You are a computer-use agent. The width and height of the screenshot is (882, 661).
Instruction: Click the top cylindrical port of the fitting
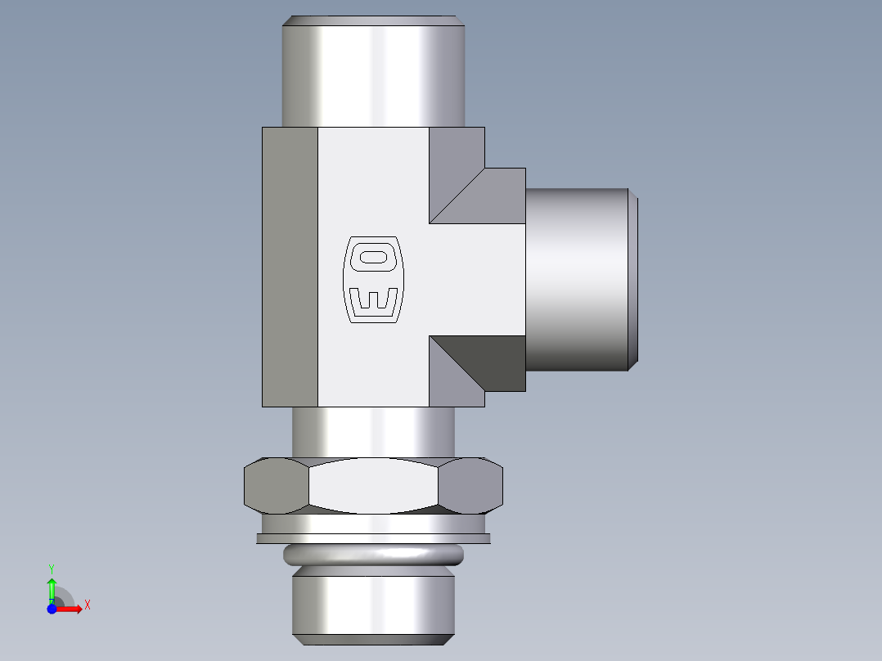pyautogui.click(x=374, y=74)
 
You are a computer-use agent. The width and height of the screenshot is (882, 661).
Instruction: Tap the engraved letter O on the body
pyautogui.click(x=373, y=257)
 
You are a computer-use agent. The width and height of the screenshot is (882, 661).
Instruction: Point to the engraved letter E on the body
pyautogui.click(x=373, y=301)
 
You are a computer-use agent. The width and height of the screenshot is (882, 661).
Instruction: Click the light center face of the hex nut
pyautogui.click(x=374, y=486)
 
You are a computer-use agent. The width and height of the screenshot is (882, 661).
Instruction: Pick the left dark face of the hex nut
pyautogui.click(x=276, y=485)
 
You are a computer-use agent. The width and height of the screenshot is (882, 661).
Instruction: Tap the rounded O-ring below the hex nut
pyautogui.click(x=373, y=556)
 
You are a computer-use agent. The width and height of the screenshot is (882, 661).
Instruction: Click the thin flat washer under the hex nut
pyautogui.click(x=373, y=538)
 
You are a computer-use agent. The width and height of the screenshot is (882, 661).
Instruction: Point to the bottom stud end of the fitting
pyautogui.click(x=373, y=605)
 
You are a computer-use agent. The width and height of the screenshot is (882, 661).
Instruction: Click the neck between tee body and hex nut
pyautogui.click(x=373, y=430)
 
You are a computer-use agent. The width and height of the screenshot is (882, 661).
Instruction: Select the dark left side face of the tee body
pyautogui.click(x=290, y=267)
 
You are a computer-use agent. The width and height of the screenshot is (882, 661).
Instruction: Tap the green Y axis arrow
pyautogui.click(x=52, y=587)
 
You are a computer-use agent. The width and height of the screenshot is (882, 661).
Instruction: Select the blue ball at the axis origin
pyautogui.click(x=52, y=609)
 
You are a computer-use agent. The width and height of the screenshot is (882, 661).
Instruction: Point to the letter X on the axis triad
pyautogui.click(x=87, y=605)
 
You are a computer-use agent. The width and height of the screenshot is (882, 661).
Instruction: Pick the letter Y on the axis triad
pyautogui.click(x=52, y=568)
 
